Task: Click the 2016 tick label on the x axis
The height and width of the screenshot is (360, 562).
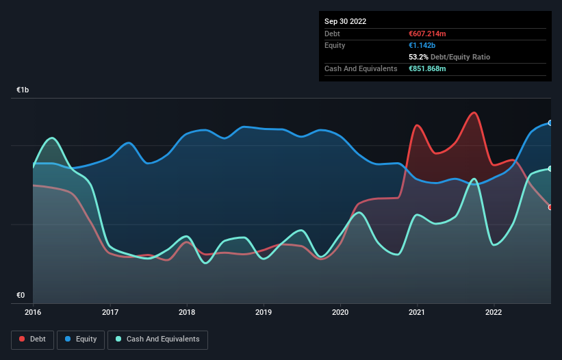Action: point(33,312)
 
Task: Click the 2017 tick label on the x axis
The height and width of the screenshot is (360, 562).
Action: point(110,312)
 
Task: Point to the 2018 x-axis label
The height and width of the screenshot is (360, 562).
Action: point(186,312)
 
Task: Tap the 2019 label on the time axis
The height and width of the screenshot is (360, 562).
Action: point(263,312)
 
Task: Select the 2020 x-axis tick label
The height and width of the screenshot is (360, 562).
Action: point(340,312)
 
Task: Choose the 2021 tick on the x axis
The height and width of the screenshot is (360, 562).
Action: point(417,312)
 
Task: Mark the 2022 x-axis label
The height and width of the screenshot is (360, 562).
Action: point(494,312)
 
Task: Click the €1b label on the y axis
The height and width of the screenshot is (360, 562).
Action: point(23,90)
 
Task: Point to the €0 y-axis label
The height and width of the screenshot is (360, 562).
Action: point(21,296)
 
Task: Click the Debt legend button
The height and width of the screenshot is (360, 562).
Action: point(32,339)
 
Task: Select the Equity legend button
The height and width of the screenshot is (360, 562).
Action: point(81,339)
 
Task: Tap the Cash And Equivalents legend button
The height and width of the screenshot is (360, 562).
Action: point(157,339)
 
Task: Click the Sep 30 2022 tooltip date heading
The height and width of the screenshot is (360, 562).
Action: point(345,21)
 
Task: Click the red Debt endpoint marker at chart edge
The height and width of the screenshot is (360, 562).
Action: point(550,207)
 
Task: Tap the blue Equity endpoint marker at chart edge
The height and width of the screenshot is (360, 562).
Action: point(550,123)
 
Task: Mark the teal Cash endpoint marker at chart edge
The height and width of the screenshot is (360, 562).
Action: point(550,168)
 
